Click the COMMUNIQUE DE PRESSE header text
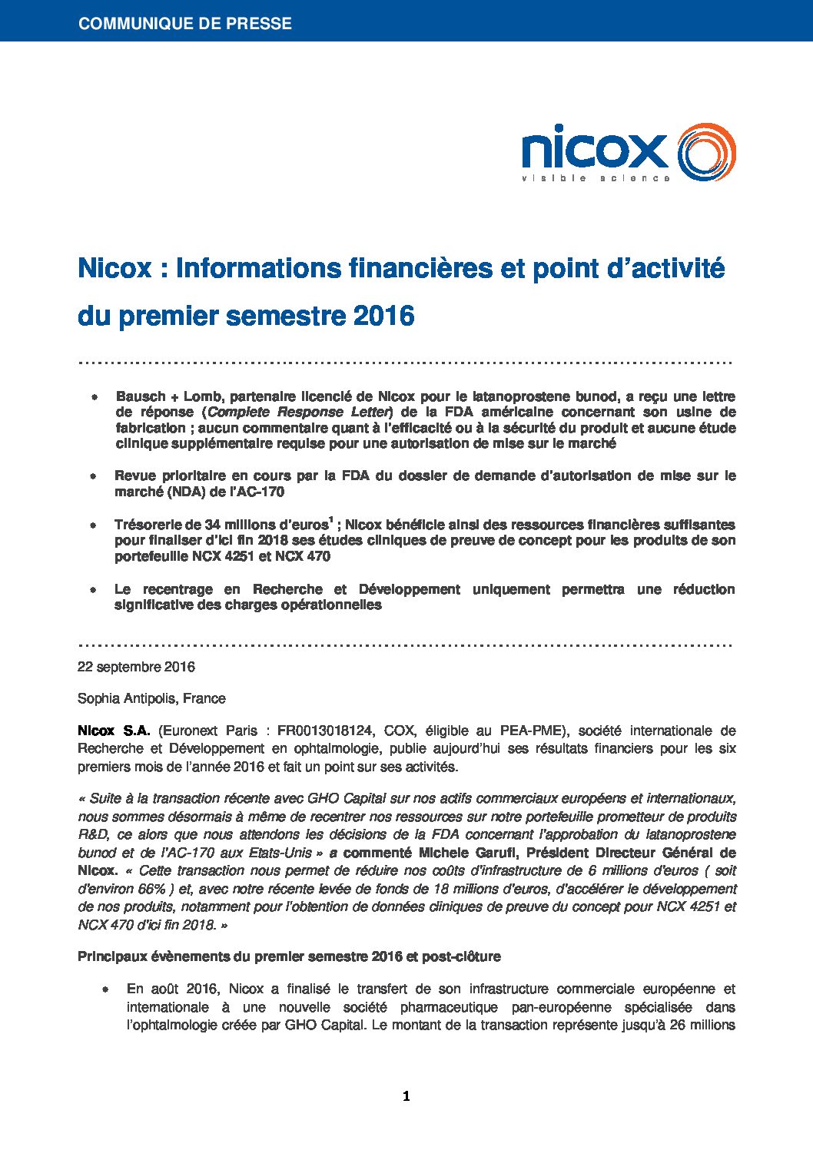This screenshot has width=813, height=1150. pyautogui.click(x=184, y=23)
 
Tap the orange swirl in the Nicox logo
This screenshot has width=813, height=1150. pyautogui.click(x=706, y=152)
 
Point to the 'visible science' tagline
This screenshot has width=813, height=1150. pyautogui.click(x=596, y=178)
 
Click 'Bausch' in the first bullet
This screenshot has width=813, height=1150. pyautogui.click(x=141, y=396)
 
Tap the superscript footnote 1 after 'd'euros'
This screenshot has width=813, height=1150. pyautogui.click(x=330, y=520)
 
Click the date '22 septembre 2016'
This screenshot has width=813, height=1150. pyautogui.click(x=136, y=667)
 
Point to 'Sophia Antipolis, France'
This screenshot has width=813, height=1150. pyautogui.click(x=151, y=698)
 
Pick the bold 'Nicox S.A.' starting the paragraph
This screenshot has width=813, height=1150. pyautogui.click(x=114, y=731)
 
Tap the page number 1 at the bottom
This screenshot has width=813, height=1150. pyautogui.click(x=406, y=1096)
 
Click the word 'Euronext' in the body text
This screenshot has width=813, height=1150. pyautogui.click(x=187, y=731)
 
